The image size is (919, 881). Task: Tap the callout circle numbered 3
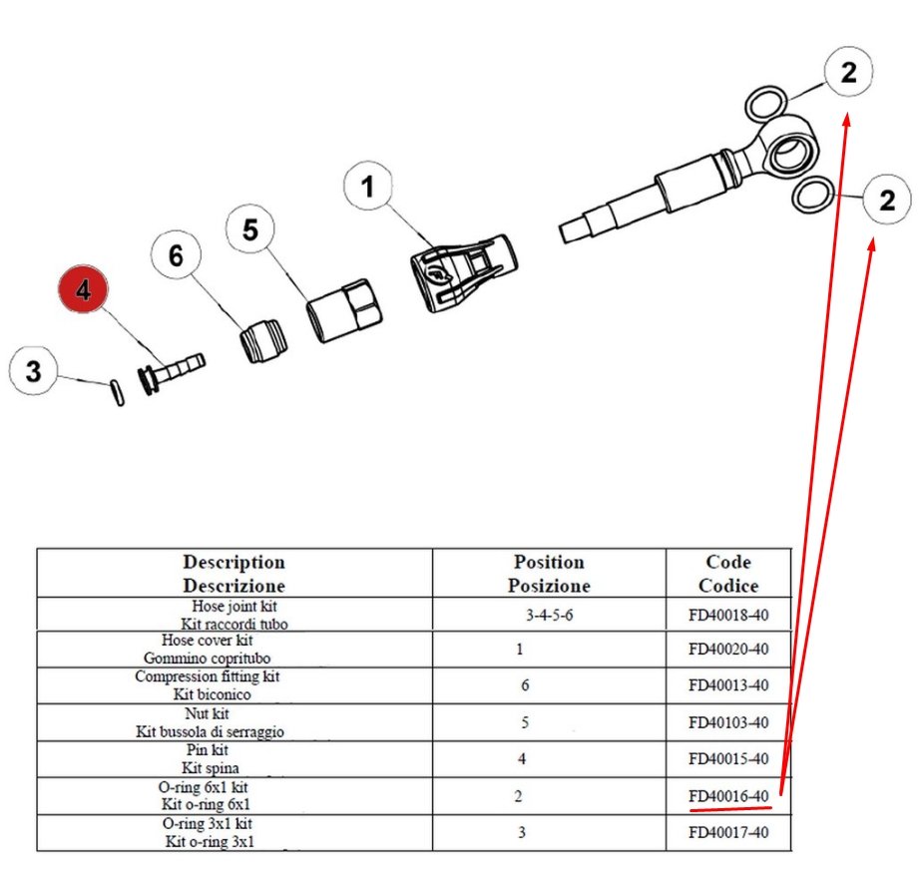click(34, 373)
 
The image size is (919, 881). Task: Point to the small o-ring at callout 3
click(117, 392)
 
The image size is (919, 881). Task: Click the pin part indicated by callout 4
click(172, 373)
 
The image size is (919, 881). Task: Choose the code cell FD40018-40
click(728, 614)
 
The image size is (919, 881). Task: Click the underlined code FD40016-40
click(728, 795)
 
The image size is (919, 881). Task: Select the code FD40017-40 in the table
click(728, 831)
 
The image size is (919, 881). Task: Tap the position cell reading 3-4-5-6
click(549, 615)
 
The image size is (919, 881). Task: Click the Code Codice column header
click(728, 574)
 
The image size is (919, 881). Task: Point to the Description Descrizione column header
click(234, 574)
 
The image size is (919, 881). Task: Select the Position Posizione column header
click(549, 574)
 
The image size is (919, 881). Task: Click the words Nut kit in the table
click(209, 714)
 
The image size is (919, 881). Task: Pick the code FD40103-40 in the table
click(728, 722)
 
